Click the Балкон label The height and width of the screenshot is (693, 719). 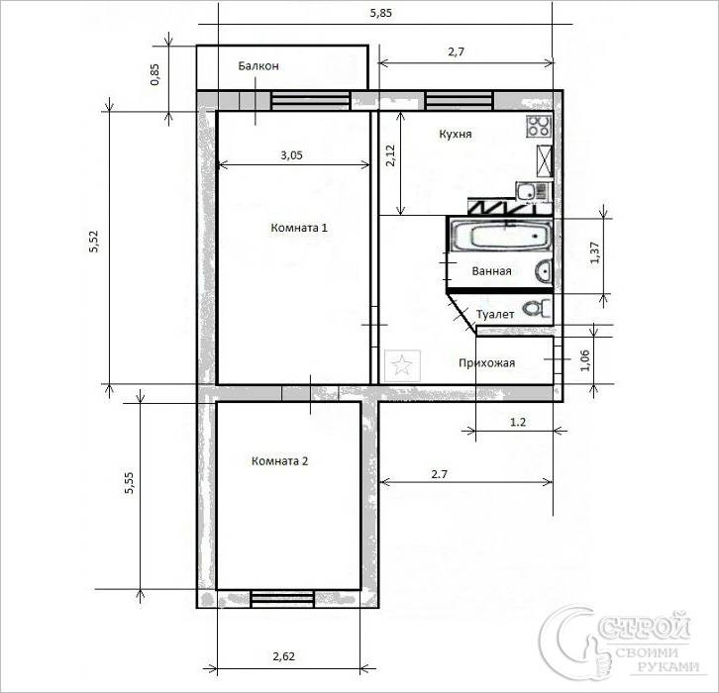258,66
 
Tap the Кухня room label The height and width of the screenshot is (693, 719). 456,134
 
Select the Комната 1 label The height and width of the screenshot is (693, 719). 299,228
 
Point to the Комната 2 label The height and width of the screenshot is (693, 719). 279,461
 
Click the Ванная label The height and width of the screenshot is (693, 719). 491,271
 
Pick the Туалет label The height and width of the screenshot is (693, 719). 495,315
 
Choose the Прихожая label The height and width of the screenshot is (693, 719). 487,363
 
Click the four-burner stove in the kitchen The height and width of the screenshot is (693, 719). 539,126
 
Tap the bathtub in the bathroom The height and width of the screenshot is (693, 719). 502,236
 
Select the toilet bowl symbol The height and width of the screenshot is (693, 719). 538,309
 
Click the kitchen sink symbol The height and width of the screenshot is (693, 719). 532,191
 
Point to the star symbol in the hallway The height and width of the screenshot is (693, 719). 402,365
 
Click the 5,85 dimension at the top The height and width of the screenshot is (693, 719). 381,13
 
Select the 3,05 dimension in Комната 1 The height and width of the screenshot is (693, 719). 291,155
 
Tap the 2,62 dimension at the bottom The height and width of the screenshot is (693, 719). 284,656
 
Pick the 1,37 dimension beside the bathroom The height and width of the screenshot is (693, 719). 595,252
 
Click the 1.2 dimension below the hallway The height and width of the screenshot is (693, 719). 518,422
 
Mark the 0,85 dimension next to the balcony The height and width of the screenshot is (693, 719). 154,74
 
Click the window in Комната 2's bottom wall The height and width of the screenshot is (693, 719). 282,599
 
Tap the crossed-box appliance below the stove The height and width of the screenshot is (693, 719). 545,160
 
